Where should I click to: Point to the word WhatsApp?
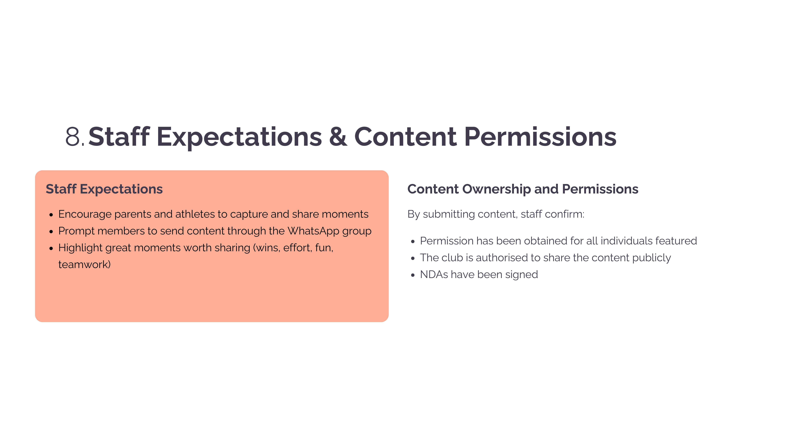pyautogui.click(x=313, y=231)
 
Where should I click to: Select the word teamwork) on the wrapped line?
pyautogui.click(x=84, y=264)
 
